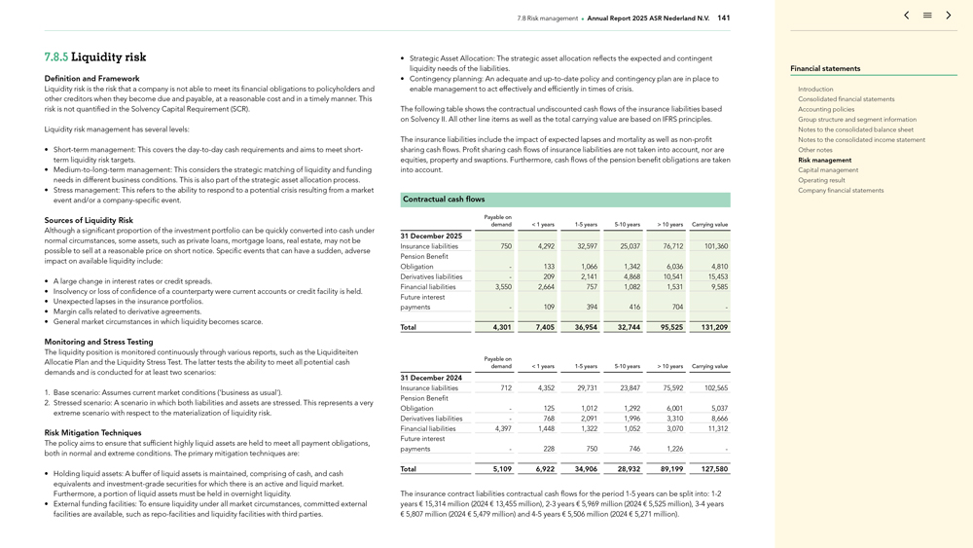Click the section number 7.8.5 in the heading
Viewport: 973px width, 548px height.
tap(55, 57)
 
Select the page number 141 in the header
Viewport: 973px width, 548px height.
tap(723, 18)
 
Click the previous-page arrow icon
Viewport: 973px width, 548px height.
tap(907, 16)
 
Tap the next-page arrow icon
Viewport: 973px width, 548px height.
tap(949, 16)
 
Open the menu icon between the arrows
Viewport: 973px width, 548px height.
tap(927, 16)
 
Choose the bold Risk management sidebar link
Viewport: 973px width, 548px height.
tap(824, 160)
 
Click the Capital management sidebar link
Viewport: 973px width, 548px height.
tap(828, 170)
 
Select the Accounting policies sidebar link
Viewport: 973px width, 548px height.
tap(826, 109)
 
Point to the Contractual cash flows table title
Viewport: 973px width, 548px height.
tap(444, 200)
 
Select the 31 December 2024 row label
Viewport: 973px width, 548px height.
tap(431, 378)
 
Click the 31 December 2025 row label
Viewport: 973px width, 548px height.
tap(431, 237)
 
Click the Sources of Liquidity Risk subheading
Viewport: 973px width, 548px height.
tap(89, 221)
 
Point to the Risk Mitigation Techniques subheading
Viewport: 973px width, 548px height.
tap(92, 433)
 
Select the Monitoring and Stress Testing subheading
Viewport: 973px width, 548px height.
tap(98, 342)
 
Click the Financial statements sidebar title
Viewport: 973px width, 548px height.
tap(825, 69)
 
